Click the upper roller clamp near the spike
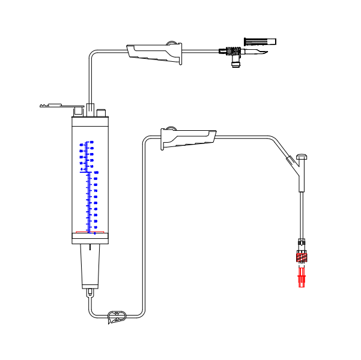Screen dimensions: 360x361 (154, 53)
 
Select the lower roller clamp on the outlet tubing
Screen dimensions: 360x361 (187, 138)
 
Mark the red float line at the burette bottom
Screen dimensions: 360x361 (90, 232)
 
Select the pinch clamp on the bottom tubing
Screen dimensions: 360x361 (116, 316)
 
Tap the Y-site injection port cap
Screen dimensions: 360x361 (302, 157)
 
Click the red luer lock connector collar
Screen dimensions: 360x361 (302, 258)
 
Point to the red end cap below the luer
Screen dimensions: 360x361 (302, 278)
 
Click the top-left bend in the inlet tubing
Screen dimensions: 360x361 (92, 55)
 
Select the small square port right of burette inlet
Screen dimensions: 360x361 (102, 112)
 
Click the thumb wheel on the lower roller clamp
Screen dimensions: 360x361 (170, 128)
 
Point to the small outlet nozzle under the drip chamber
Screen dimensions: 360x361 (90, 293)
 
